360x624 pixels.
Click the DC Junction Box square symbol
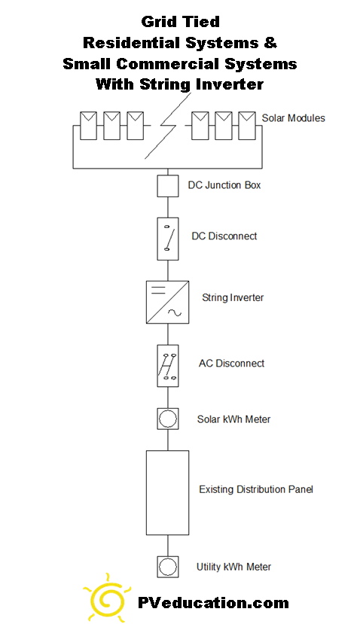click(x=168, y=186)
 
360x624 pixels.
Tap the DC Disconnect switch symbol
click(x=168, y=239)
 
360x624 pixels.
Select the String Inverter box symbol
click(x=168, y=302)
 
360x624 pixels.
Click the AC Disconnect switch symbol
click(x=168, y=366)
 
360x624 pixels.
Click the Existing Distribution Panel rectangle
click(x=168, y=493)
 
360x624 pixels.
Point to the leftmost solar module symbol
click(x=88, y=126)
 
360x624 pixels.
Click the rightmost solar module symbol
click(x=247, y=126)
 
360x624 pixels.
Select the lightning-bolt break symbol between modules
click(x=168, y=126)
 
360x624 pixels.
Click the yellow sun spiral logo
click(x=106, y=598)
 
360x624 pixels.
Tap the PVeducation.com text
click(x=213, y=603)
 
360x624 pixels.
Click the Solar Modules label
click(x=293, y=118)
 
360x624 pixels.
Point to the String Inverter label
click(x=233, y=297)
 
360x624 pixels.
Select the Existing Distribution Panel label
click(x=256, y=489)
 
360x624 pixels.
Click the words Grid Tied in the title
click(x=181, y=22)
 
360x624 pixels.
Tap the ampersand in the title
click(x=270, y=43)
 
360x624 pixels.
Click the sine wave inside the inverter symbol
click(x=175, y=313)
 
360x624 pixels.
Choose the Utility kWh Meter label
click(x=233, y=567)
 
